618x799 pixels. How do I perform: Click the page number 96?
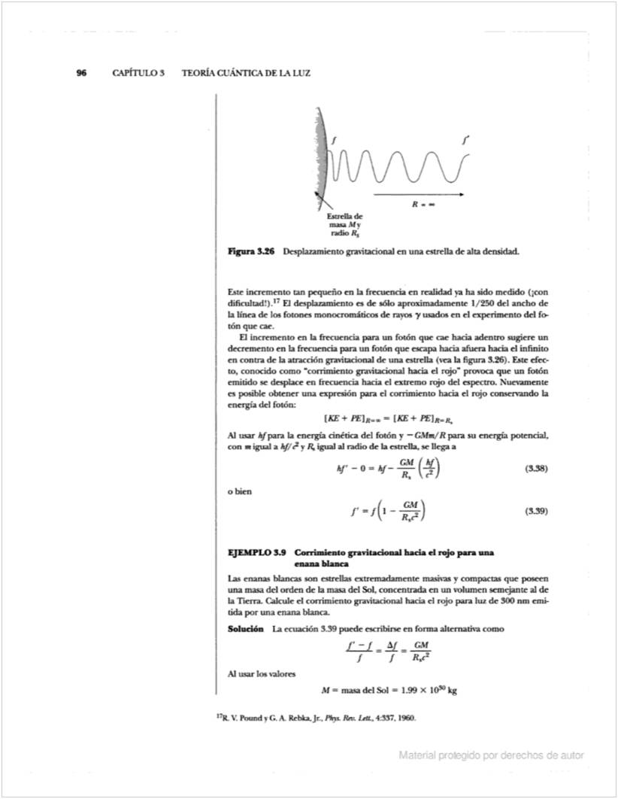pyautogui.click(x=81, y=73)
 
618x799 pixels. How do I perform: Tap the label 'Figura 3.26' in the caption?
pyautogui.click(x=251, y=251)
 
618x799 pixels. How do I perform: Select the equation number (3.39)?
pyautogui.click(x=535, y=511)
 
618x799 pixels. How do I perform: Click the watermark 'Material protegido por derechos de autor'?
pyautogui.click(x=492, y=755)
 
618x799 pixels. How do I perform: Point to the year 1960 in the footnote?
pyautogui.click(x=404, y=718)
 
